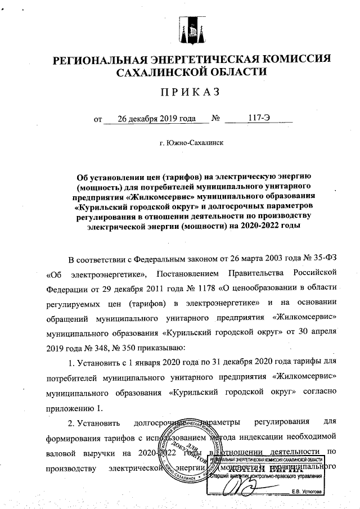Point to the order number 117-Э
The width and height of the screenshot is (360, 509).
[x=259, y=119]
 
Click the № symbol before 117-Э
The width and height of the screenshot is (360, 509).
[x=215, y=119]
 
